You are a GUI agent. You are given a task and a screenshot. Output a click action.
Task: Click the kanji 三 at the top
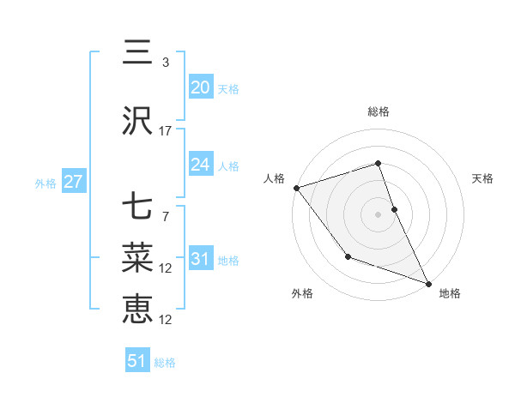tap(137, 54)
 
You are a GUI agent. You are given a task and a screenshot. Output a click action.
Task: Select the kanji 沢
tap(137, 122)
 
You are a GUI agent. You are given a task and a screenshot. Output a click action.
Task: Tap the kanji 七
tap(137, 209)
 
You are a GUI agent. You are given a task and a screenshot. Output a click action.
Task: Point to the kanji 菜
tap(137, 258)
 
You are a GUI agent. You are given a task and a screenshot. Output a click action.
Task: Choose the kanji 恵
tap(137, 309)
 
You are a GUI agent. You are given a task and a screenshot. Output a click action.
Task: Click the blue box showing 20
tap(200, 87)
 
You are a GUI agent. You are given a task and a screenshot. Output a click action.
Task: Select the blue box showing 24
tap(200, 165)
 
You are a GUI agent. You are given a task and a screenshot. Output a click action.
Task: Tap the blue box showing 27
tap(73, 182)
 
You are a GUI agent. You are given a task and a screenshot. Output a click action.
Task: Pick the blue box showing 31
tap(200, 259)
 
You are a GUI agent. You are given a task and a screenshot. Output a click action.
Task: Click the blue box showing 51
tap(137, 361)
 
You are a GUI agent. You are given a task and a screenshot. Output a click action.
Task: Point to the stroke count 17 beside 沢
tap(166, 131)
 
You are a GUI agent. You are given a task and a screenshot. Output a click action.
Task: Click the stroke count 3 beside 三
tap(165, 63)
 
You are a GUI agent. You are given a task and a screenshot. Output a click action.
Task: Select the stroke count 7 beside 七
tap(165, 217)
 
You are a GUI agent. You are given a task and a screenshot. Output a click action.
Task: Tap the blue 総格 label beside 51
tap(165, 363)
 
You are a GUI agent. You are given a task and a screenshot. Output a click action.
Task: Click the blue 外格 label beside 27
tap(45, 183)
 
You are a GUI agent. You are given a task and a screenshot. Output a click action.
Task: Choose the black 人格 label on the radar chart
tap(275, 178)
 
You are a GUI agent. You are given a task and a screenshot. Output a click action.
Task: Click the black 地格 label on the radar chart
tap(450, 293)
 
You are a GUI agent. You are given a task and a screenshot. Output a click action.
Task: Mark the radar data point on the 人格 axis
tap(296, 188)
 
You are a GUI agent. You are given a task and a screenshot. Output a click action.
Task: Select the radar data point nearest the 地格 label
tap(427, 284)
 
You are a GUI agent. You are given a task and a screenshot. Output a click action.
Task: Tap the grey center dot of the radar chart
tap(378, 214)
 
